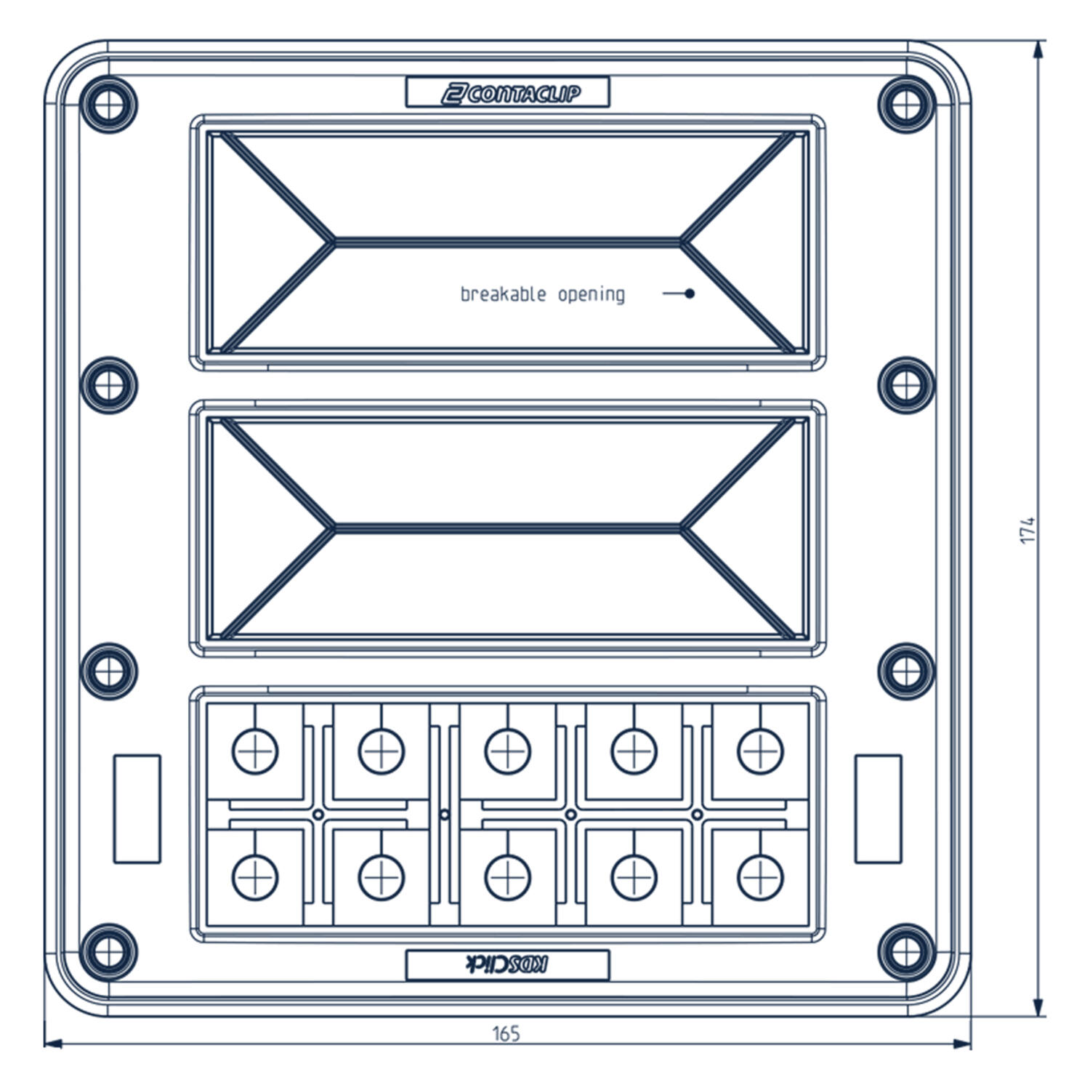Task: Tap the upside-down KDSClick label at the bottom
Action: click(507, 965)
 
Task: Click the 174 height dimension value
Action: click(1027, 530)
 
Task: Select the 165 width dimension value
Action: click(506, 1033)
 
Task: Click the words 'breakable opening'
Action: click(542, 294)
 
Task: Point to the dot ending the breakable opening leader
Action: click(690, 294)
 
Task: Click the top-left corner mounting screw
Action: click(108, 104)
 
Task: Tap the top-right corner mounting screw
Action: click(905, 104)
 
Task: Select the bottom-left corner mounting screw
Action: click(108, 951)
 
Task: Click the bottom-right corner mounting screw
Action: click(905, 951)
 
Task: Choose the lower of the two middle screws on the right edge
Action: click(905, 670)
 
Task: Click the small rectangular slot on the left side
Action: click(137, 809)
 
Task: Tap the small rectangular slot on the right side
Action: click(878, 809)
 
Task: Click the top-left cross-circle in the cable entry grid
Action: click(255, 751)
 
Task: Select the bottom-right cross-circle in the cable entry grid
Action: click(760, 877)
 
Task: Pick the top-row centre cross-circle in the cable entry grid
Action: click(508, 751)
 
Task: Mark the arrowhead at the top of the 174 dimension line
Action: click(1038, 49)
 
